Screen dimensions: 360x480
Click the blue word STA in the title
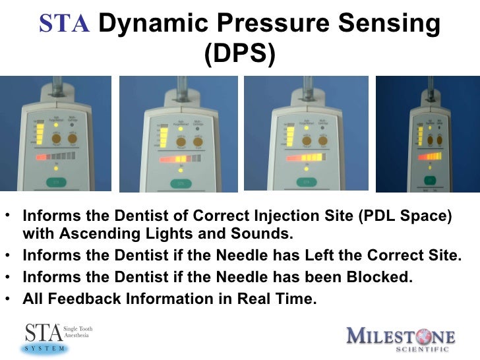(63, 24)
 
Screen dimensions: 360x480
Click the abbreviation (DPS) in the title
(239, 55)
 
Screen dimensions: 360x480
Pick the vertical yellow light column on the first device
(40, 134)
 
